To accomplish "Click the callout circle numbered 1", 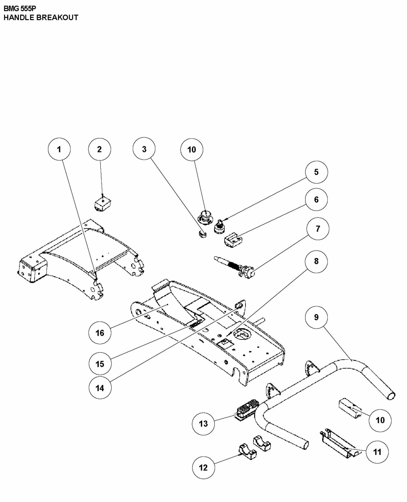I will point(59,149).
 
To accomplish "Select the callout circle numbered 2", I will point(99,149).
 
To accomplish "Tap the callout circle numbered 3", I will point(144,149).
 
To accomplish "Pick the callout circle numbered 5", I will point(316,172).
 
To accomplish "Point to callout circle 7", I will point(318,229).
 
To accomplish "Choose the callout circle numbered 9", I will point(316,317).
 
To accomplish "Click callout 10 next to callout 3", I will point(192,149).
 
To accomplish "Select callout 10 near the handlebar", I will point(380,420).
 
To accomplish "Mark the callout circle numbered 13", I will point(203,423).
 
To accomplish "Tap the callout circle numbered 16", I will point(100,333).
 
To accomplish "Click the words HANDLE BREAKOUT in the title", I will point(41,17).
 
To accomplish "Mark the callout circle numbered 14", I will point(100,388).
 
